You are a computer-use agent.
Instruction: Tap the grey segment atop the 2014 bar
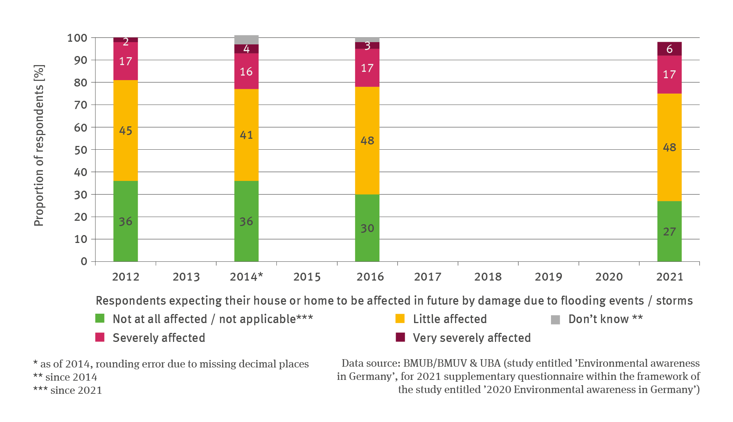[246, 39]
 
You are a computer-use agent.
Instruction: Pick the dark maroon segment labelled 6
[669, 49]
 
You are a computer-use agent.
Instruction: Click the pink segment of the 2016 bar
[367, 68]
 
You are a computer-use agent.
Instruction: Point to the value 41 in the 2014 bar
[246, 135]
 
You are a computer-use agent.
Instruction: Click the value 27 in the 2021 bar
[669, 232]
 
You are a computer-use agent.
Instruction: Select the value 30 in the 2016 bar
[367, 228]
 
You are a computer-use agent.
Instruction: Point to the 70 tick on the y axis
[80, 105]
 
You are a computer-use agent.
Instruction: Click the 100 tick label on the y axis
[77, 38]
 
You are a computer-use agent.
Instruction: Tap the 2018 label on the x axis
[488, 277]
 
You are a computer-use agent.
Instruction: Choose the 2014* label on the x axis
[246, 277]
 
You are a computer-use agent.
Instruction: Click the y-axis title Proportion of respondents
[39, 145]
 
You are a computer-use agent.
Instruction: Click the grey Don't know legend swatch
[555, 320]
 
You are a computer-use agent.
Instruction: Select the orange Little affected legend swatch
[400, 319]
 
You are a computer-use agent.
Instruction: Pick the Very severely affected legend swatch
[400, 337]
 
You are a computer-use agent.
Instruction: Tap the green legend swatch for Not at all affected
[100, 319]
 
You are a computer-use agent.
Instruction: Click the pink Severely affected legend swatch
[100, 337]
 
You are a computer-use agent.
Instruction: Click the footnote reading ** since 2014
[65, 377]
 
